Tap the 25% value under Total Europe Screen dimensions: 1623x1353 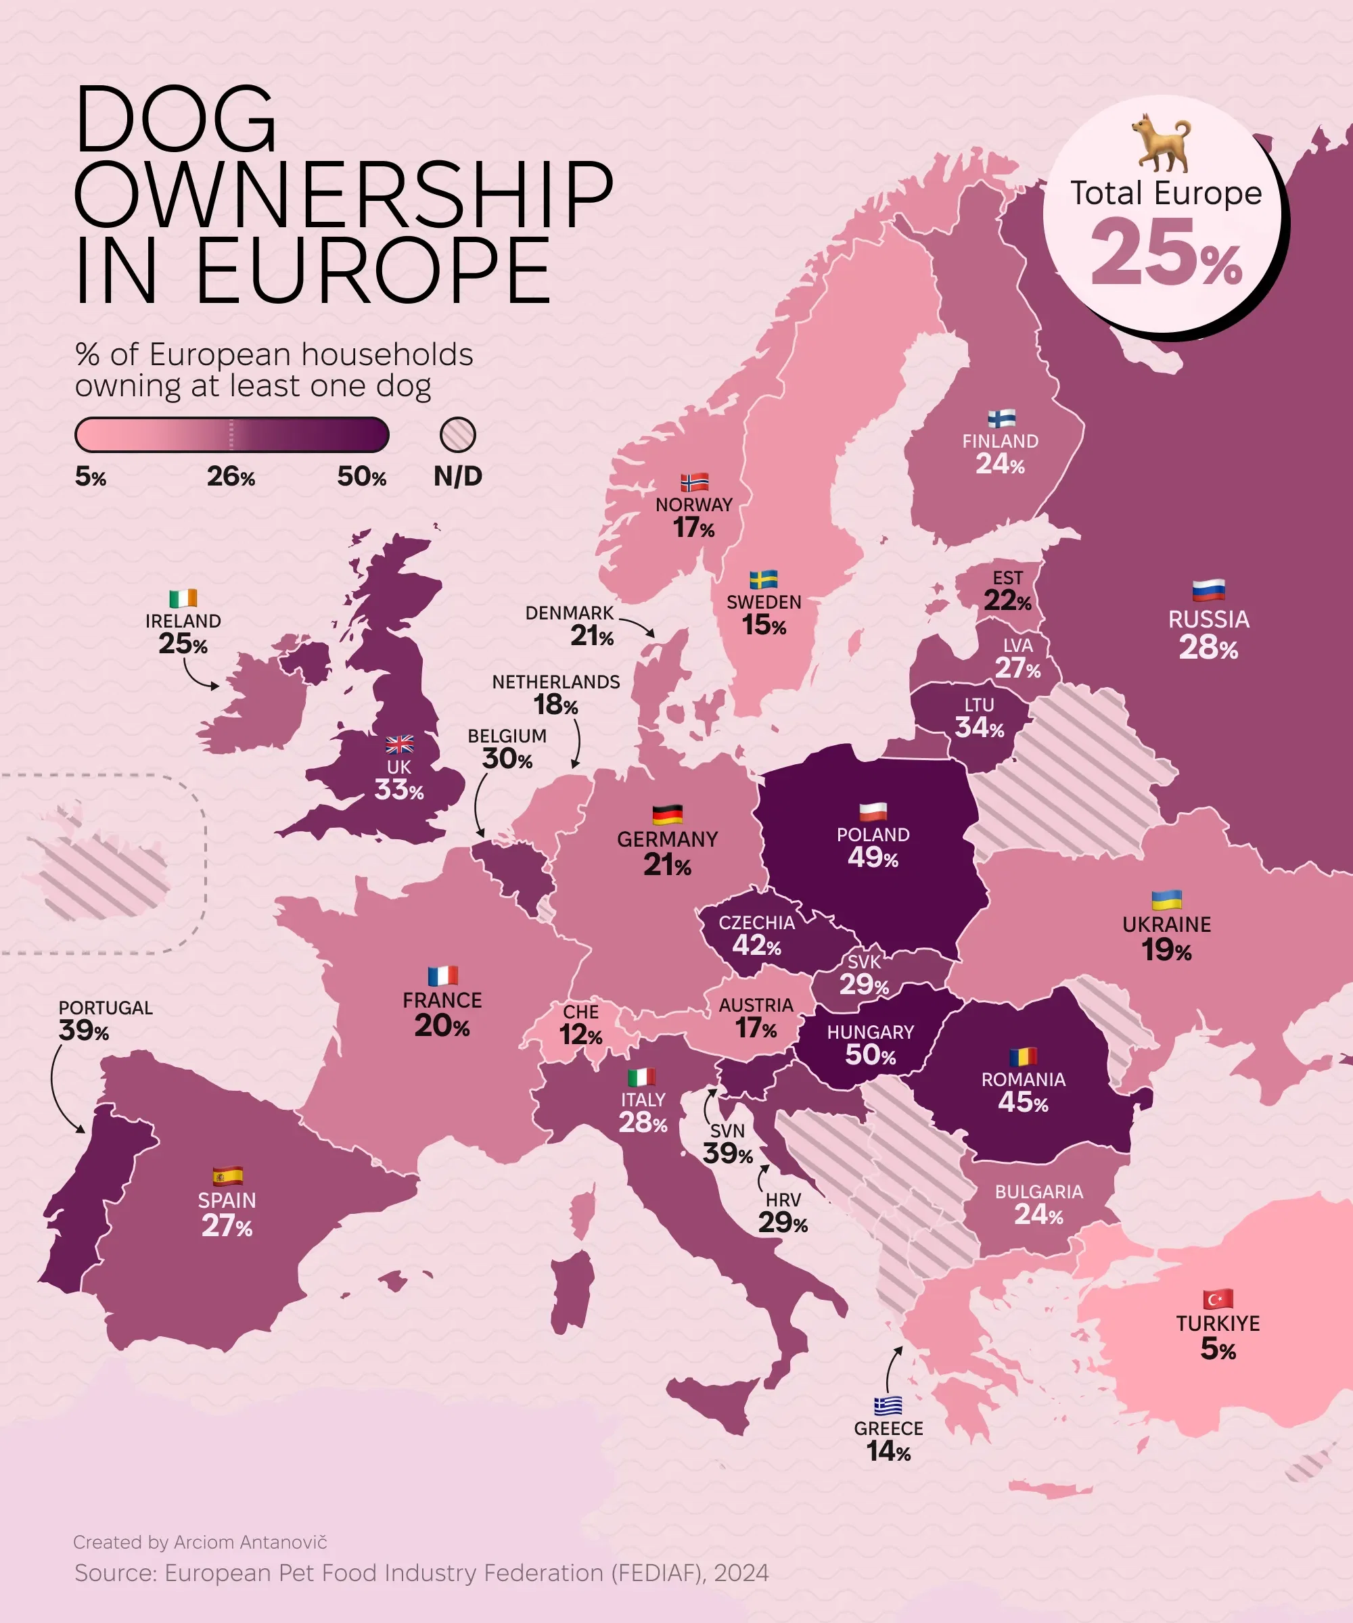(x=1166, y=252)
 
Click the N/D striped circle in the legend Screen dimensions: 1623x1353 (x=458, y=435)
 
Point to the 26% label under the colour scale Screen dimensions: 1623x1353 (x=231, y=477)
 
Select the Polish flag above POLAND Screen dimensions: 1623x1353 (x=873, y=811)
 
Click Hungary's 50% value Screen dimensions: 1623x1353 (x=870, y=1054)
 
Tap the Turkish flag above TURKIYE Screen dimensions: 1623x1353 (x=1218, y=1298)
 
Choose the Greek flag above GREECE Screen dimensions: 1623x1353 (x=888, y=1405)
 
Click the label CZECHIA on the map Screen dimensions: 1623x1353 (x=756, y=923)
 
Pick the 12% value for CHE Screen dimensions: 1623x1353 (x=580, y=1034)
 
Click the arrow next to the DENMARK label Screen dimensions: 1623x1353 (x=637, y=626)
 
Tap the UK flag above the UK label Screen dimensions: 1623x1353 (x=399, y=745)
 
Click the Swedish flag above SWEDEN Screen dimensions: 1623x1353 (x=764, y=580)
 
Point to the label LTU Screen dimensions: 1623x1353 (x=979, y=705)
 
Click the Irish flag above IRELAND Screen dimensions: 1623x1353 (x=183, y=598)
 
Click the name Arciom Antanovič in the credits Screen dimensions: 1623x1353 (x=250, y=1542)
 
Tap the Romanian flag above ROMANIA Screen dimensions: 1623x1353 (x=1023, y=1056)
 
